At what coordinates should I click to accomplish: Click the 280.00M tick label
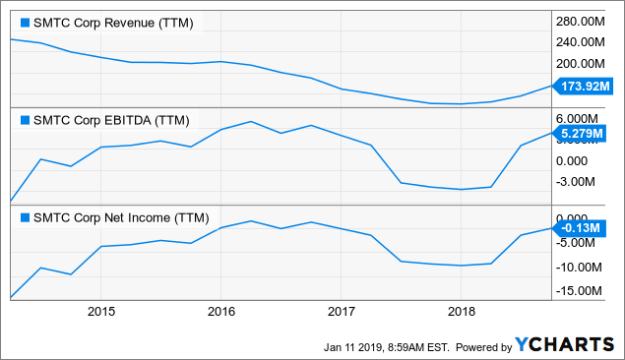(x=583, y=22)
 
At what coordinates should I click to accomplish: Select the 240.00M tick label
(x=583, y=42)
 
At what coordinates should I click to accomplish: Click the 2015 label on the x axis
(x=101, y=312)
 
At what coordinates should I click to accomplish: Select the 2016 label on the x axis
(x=220, y=312)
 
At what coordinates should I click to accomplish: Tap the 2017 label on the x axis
(x=341, y=312)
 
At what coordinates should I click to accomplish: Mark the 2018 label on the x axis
(x=461, y=312)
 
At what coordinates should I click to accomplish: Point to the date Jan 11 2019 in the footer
(x=360, y=346)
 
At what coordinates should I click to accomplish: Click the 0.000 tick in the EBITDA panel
(x=577, y=159)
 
